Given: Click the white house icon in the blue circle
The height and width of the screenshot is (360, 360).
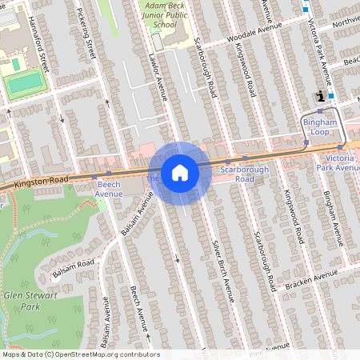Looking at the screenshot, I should pyautogui.click(x=180, y=173).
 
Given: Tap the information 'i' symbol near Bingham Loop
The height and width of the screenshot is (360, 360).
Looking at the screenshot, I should pyautogui.click(x=322, y=97).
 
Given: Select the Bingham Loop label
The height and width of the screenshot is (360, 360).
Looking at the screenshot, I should pyautogui.click(x=322, y=126).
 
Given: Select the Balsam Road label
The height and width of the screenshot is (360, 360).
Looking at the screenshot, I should pyautogui.click(x=73, y=266).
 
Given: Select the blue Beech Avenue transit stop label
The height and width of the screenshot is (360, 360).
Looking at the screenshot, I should pyautogui.click(x=109, y=189).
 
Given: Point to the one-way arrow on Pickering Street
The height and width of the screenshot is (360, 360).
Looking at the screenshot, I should pyautogui.click(x=108, y=102).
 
